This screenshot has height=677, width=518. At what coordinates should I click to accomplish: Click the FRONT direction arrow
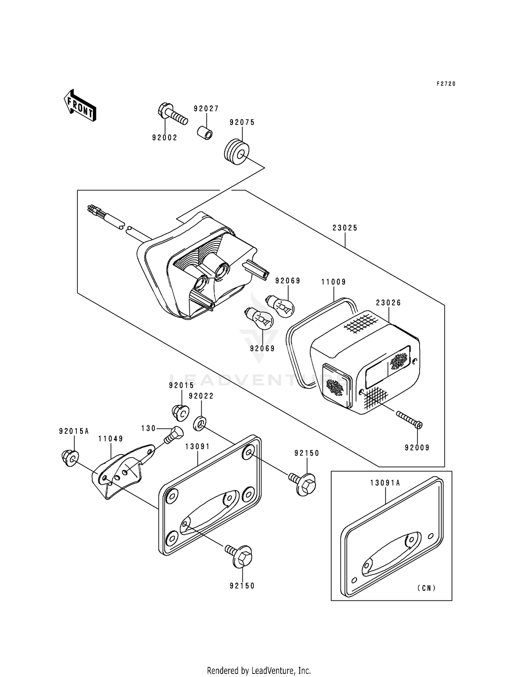coord(79,106)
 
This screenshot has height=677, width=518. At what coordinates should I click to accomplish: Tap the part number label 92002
coord(165,138)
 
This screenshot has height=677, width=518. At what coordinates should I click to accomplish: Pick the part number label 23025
coord(345,228)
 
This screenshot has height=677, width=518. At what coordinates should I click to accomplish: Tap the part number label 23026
coord(388,303)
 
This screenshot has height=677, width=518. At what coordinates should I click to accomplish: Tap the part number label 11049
coord(111,439)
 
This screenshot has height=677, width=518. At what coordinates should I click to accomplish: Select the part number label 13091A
coord(385,483)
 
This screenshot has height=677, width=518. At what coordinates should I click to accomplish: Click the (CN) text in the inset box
coord(426,588)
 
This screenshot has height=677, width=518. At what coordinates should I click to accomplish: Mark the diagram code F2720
coord(446,84)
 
